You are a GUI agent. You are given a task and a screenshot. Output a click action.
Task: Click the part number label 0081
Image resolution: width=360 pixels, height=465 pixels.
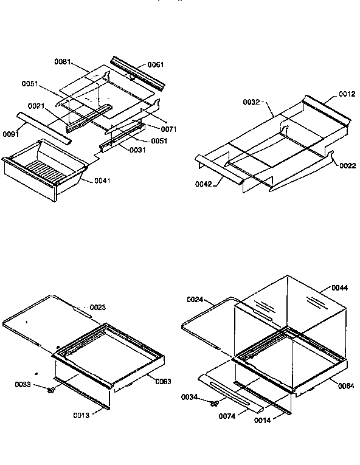point(63,62)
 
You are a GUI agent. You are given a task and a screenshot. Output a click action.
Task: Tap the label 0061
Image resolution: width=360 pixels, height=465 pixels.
point(156,64)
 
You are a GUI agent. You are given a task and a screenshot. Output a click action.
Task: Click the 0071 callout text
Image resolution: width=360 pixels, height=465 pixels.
point(169,129)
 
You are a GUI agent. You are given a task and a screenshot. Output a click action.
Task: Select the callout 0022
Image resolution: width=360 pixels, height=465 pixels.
point(348,165)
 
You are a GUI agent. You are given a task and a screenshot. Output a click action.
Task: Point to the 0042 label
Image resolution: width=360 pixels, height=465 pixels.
point(204,184)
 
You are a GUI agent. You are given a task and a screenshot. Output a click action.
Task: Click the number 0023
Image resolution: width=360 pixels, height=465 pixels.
point(98,307)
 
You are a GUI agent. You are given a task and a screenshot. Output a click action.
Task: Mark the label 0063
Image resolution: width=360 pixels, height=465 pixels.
point(163,381)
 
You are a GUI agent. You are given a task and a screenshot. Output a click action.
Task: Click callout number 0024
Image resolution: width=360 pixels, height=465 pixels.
point(196,300)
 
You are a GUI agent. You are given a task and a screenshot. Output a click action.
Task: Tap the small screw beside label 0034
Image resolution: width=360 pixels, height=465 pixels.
point(214,402)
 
